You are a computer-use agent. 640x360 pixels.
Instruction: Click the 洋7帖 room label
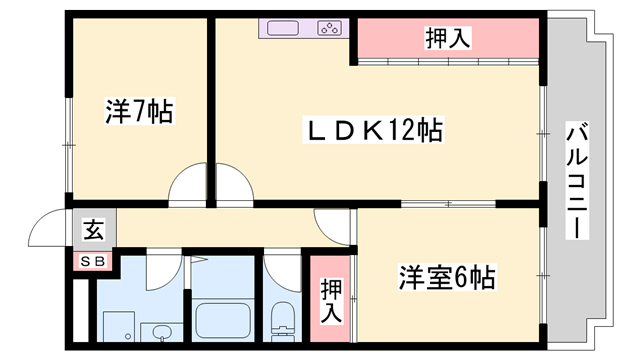point(139,111)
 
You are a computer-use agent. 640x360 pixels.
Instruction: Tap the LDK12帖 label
point(375,130)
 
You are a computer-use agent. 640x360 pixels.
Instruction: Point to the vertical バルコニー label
point(578,181)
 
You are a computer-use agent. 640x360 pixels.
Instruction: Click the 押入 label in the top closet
point(448,39)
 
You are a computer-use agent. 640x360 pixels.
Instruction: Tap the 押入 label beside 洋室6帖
point(330,300)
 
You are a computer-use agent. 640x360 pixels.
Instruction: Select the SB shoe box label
point(92,262)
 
